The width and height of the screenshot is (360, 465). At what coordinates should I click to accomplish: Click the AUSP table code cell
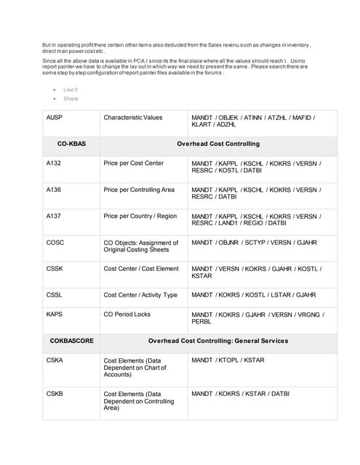coord(55,117)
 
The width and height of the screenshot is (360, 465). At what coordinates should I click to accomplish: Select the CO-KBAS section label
coord(71,144)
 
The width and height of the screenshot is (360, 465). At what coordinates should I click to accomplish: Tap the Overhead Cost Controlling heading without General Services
coord(217,144)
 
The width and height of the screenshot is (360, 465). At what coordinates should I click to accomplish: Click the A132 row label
coord(54,163)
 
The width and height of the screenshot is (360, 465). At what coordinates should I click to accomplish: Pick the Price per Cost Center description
coord(133,163)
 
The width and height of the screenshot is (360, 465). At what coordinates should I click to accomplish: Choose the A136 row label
coord(54,190)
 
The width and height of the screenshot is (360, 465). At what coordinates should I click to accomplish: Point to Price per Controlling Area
coord(139,190)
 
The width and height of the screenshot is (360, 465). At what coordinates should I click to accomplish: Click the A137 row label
coord(54,216)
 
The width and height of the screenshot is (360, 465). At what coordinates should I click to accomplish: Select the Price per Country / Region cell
coord(140,216)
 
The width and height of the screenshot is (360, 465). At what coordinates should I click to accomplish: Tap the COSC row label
coord(55,242)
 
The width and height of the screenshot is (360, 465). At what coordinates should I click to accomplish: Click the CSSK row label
coord(55,269)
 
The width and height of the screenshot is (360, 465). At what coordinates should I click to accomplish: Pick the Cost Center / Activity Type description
coord(140,295)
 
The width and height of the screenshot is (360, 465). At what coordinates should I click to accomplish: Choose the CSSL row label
coord(55,295)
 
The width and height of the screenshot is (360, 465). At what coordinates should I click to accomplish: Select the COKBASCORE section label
coord(71,340)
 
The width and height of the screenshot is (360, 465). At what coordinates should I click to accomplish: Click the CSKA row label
coord(55,360)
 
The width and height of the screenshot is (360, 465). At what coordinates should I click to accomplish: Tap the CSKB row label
coord(55,393)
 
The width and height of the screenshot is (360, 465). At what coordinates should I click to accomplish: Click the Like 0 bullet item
coord(71,89)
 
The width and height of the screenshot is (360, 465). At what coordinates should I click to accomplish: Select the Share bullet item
coord(71,98)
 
